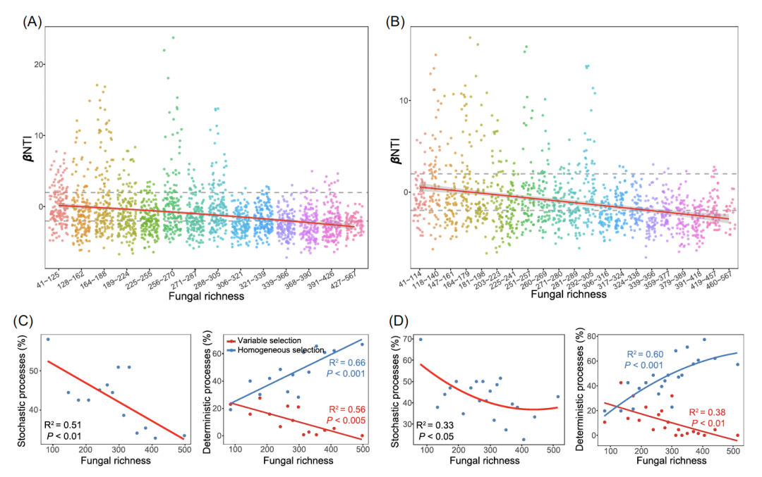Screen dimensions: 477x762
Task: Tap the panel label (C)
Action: (x=25, y=323)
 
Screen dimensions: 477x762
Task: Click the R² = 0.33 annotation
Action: (x=437, y=425)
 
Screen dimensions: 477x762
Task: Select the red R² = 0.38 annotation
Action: (x=706, y=413)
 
